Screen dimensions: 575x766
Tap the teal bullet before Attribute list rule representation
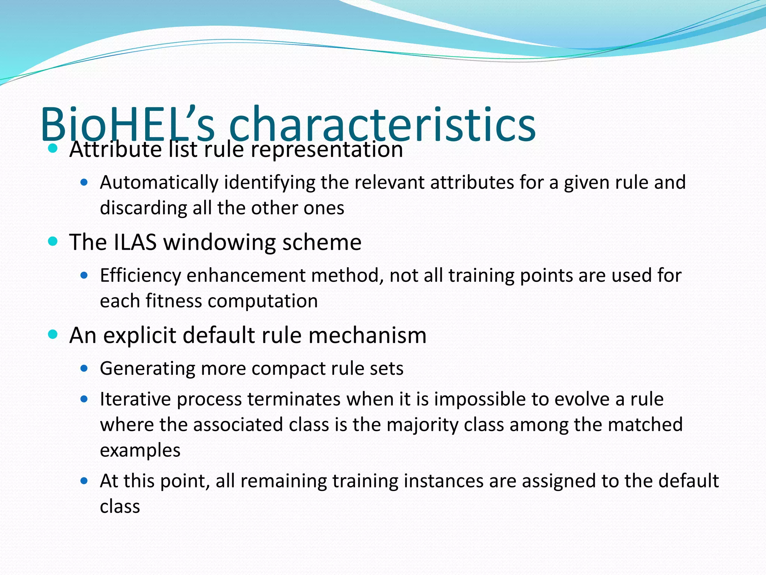pyautogui.click(x=53, y=149)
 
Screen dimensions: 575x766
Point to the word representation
pyautogui.click(x=327, y=150)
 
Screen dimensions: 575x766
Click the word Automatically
pyautogui.click(x=159, y=183)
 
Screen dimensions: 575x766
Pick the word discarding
pyautogui.click(x=143, y=208)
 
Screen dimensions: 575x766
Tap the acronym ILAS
pyautogui.click(x=135, y=242)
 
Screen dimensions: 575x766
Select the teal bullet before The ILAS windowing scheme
pyautogui.click(x=53, y=241)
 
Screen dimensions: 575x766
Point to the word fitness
pyautogui.click(x=174, y=301)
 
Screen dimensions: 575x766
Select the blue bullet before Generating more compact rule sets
pyautogui.click(x=84, y=368)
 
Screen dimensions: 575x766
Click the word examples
pyautogui.click(x=140, y=451)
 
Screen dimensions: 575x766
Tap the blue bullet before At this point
pyautogui.click(x=84, y=481)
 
